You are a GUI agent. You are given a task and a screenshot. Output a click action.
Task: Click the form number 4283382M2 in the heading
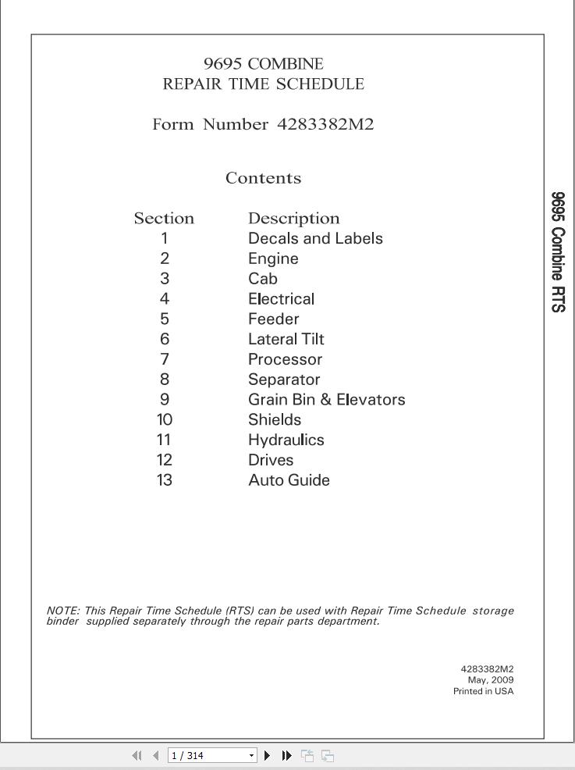(326, 124)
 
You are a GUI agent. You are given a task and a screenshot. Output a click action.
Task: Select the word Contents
(263, 178)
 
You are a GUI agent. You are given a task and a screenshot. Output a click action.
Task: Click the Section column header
(164, 219)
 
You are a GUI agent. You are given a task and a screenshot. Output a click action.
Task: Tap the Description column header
(293, 219)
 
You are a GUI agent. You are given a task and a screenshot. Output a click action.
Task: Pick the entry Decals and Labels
(315, 239)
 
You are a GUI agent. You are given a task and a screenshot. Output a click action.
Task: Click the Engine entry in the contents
(273, 258)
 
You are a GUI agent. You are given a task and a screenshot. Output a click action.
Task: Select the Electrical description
(281, 299)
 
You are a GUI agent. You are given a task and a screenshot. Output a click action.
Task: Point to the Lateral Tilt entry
(286, 339)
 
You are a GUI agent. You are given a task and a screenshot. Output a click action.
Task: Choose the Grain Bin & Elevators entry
(326, 400)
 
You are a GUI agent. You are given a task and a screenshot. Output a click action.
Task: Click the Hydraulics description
(286, 440)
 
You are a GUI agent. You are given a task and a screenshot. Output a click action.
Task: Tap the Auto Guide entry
(289, 480)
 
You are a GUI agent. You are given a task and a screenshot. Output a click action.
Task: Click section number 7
(165, 359)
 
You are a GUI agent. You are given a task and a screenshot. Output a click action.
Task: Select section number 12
(165, 460)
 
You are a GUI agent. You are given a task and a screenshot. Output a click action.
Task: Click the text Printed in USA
(483, 692)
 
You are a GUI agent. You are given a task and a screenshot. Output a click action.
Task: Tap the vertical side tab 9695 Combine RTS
(558, 252)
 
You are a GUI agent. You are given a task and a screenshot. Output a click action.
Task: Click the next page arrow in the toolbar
(268, 755)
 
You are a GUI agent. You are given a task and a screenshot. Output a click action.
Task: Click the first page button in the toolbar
(137, 755)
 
